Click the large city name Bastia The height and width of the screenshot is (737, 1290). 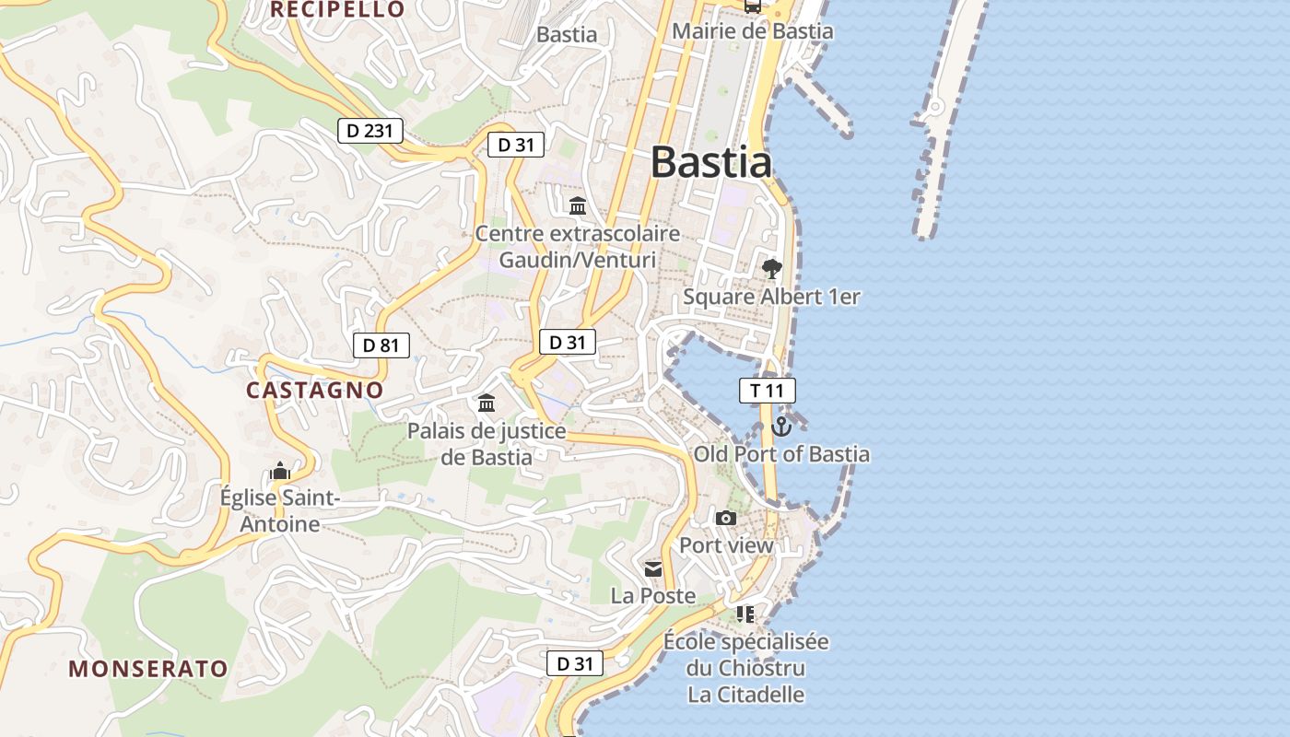[710, 162]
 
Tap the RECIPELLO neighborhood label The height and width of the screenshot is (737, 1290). [338, 9]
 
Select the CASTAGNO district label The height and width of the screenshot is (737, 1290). [314, 390]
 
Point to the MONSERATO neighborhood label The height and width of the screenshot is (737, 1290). [148, 669]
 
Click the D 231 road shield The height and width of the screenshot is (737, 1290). [370, 131]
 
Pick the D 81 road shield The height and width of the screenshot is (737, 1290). [381, 345]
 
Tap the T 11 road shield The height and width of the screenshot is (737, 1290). [767, 391]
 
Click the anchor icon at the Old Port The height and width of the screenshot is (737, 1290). [781, 427]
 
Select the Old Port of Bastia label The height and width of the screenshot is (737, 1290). [781, 454]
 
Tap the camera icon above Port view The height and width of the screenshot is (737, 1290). [726, 519]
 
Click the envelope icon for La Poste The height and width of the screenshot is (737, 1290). [653, 569]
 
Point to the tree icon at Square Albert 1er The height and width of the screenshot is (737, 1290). [771, 269]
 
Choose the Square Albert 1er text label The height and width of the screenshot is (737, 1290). [771, 297]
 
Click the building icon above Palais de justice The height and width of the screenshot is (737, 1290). [486, 404]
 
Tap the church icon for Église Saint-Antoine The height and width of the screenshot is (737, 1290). [280, 472]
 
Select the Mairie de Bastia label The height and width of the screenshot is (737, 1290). [752, 31]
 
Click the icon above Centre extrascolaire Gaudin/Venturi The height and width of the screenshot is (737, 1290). [578, 205]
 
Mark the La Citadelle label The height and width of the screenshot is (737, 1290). [746, 695]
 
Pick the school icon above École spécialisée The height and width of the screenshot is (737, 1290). [745, 614]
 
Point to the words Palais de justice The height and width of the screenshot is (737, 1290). [487, 430]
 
